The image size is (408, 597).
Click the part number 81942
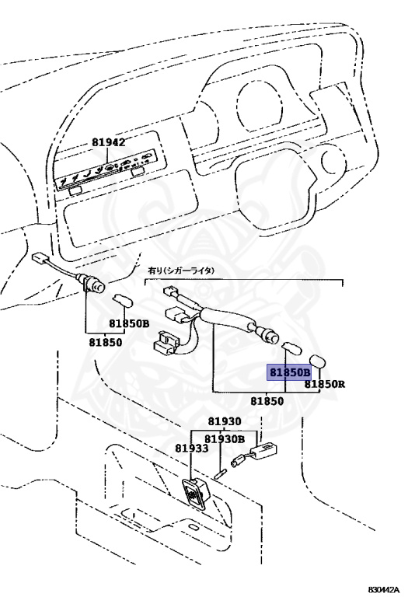point(108,142)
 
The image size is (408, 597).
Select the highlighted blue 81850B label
point(290,372)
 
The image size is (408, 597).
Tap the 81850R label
point(324,384)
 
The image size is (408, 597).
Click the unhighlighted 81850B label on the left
point(129,323)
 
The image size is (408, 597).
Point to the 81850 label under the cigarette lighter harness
point(267,401)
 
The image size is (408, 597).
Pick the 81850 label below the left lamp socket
point(106,342)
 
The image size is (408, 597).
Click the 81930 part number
point(224,421)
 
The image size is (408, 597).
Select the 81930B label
point(225,439)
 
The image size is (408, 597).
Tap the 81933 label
point(192,449)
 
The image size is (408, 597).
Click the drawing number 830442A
point(384,590)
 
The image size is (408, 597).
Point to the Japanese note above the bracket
point(181,271)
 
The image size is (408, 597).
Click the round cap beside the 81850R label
point(317,361)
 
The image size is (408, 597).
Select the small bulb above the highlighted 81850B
point(291,348)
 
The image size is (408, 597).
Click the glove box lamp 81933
point(196,494)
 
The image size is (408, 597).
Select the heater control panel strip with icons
point(106,170)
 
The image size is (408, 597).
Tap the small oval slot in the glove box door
point(194,528)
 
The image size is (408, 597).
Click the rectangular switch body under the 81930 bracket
point(264,449)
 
